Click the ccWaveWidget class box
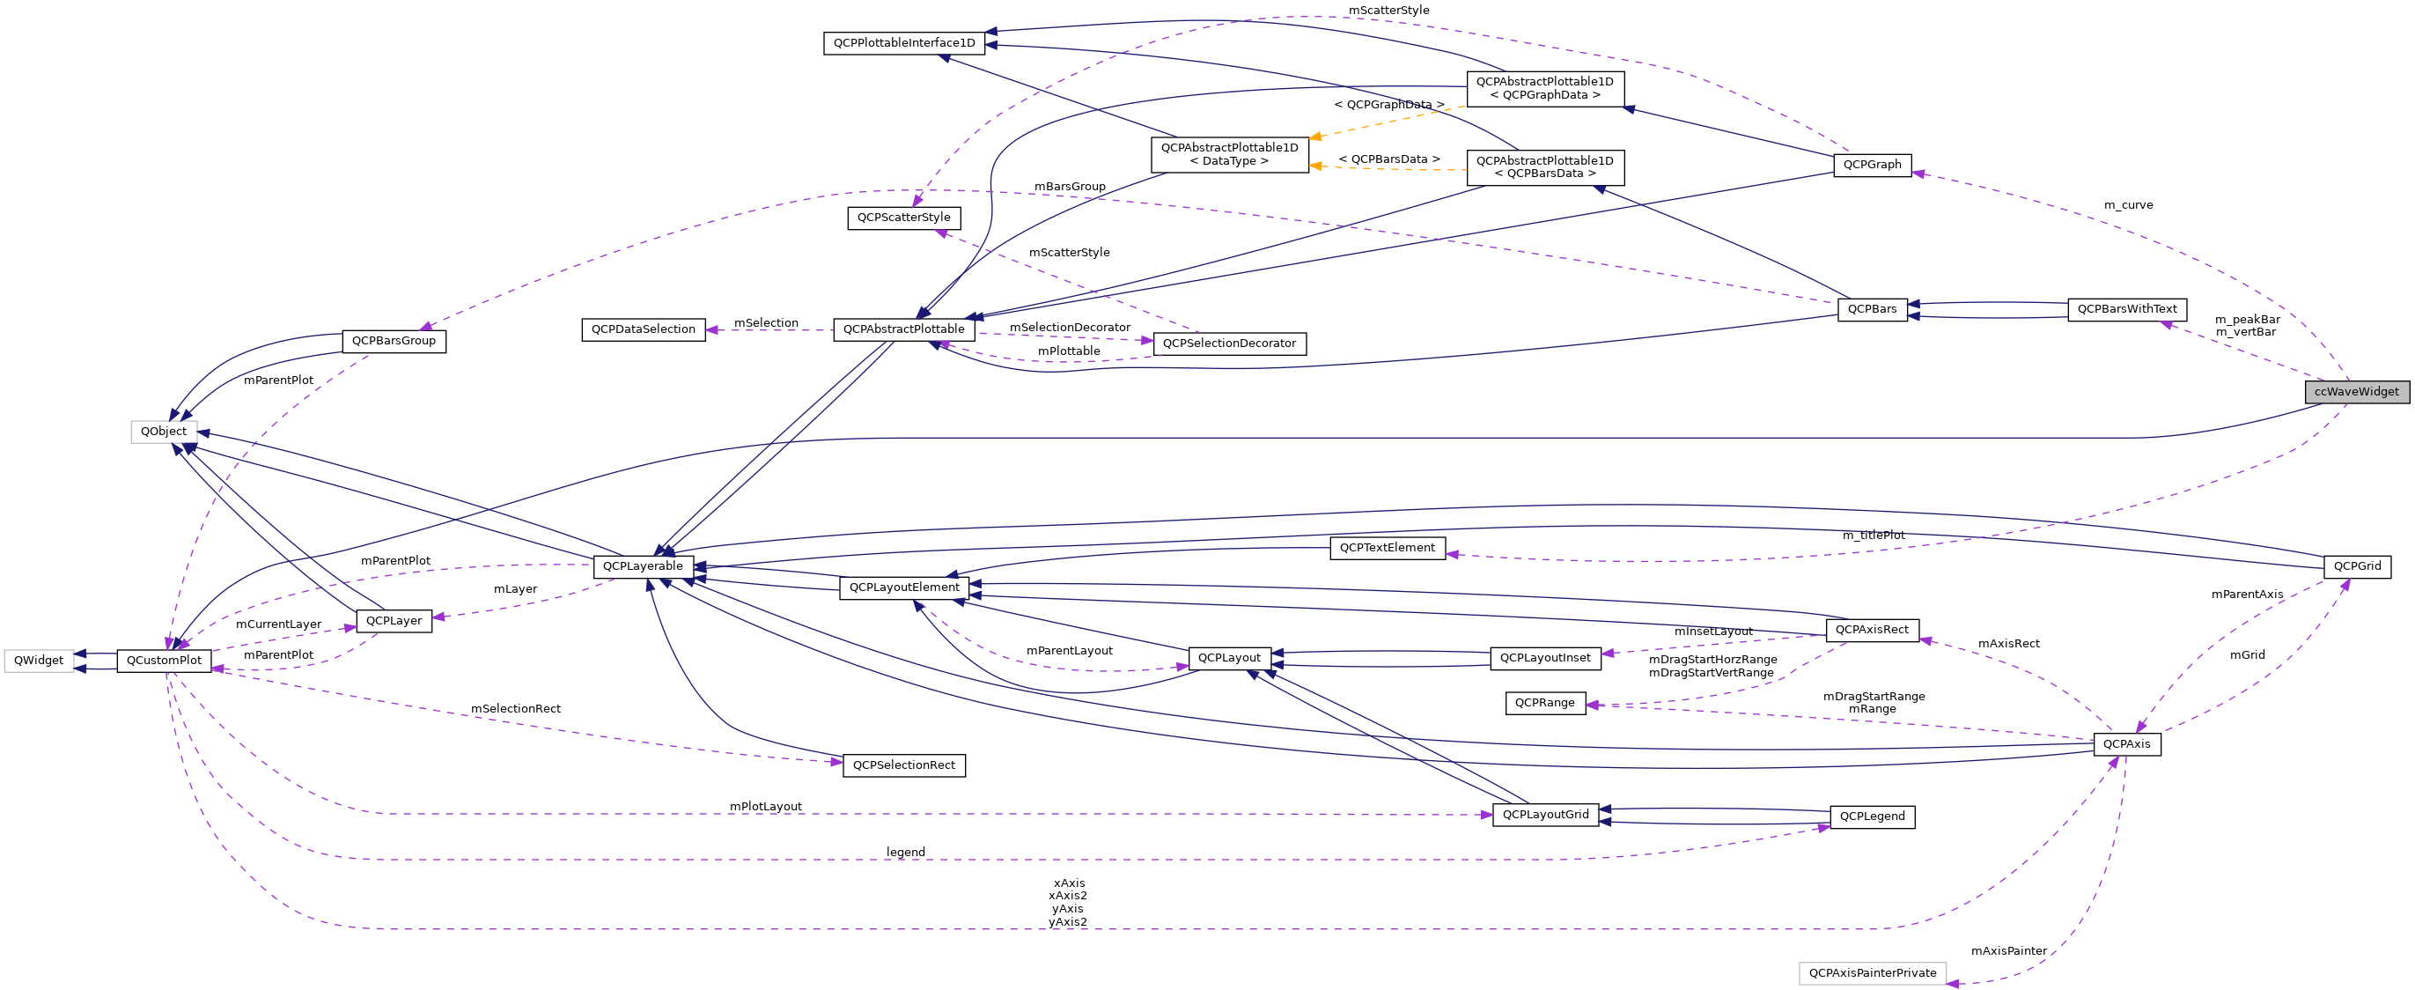click(x=2356, y=392)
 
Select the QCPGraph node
click(x=1871, y=165)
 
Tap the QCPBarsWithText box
click(x=2126, y=309)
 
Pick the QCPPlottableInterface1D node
click(x=903, y=43)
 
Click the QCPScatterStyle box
click(x=902, y=218)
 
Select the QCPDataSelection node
click(x=643, y=330)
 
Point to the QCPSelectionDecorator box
click(x=1228, y=344)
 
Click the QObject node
click(x=163, y=432)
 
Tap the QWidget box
click(x=39, y=661)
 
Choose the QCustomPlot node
click(x=163, y=661)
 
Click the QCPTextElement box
click(x=1387, y=549)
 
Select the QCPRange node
click(x=1544, y=703)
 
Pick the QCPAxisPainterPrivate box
click(x=1871, y=973)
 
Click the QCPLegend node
click(x=1871, y=816)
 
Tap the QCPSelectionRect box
click(x=902, y=766)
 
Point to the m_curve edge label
click(x=2127, y=205)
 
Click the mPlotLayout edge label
click(x=765, y=807)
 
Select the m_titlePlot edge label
click(x=1874, y=536)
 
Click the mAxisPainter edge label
click(x=2008, y=951)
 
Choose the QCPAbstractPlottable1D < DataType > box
click(x=1228, y=155)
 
